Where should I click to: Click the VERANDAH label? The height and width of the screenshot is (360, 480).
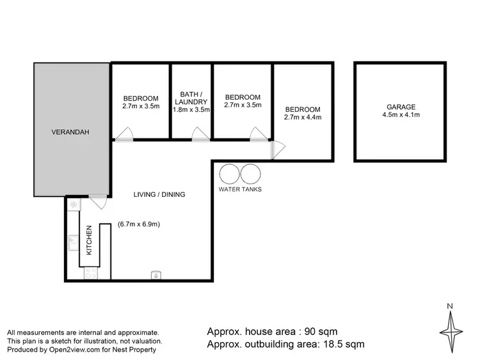(69, 132)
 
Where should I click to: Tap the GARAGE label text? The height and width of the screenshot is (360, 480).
(401, 107)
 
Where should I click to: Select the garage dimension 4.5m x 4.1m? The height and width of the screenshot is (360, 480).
(401, 115)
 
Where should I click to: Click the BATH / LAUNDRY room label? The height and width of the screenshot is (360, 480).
(191, 97)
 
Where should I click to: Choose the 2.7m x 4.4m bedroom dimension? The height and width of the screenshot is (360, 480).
(303, 117)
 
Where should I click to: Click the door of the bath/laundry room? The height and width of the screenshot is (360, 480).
(201, 134)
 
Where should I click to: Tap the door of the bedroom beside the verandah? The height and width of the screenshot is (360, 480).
(126, 134)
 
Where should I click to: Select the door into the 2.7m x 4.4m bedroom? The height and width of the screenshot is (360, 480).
(277, 149)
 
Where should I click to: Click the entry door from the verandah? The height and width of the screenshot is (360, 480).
(98, 202)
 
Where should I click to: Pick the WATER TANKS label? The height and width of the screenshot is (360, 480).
(240, 189)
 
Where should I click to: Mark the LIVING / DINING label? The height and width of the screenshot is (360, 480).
(159, 194)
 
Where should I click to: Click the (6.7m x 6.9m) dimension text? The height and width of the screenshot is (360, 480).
(139, 224)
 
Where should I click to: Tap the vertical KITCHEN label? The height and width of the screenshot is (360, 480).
(89, 240)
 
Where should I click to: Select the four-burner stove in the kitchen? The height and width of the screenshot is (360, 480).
(91, 273)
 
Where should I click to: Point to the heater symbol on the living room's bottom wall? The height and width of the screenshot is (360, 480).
(155, 276)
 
